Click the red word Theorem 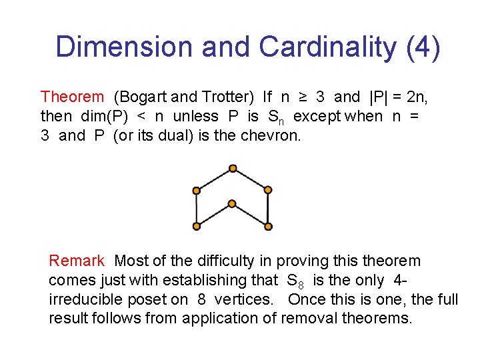coord(73,97)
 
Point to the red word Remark coord(77,261)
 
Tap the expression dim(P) coord(105,117)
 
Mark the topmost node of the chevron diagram coord(232,168)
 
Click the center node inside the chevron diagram coord(232,203)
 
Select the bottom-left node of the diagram coord(197,226)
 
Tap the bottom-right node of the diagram coord(267,226)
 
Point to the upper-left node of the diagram coord(197,191)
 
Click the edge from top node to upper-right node coord(250,179)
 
